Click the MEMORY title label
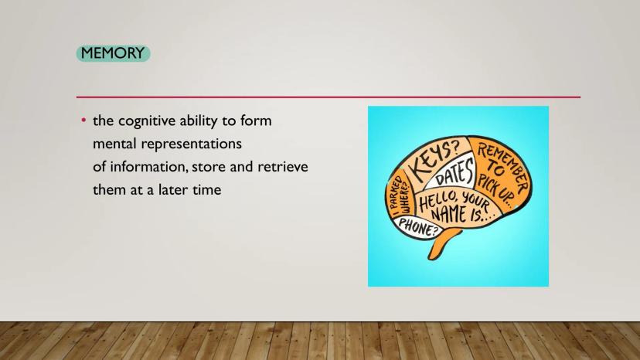point(113,53)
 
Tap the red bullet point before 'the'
point(83,121)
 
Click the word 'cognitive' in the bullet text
point(147,121)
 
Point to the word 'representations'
point(192,144)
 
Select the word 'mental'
point(115,144)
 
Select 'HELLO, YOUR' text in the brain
point(454,201)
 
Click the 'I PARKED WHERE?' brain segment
point(400,196)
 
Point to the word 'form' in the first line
point(256,121)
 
